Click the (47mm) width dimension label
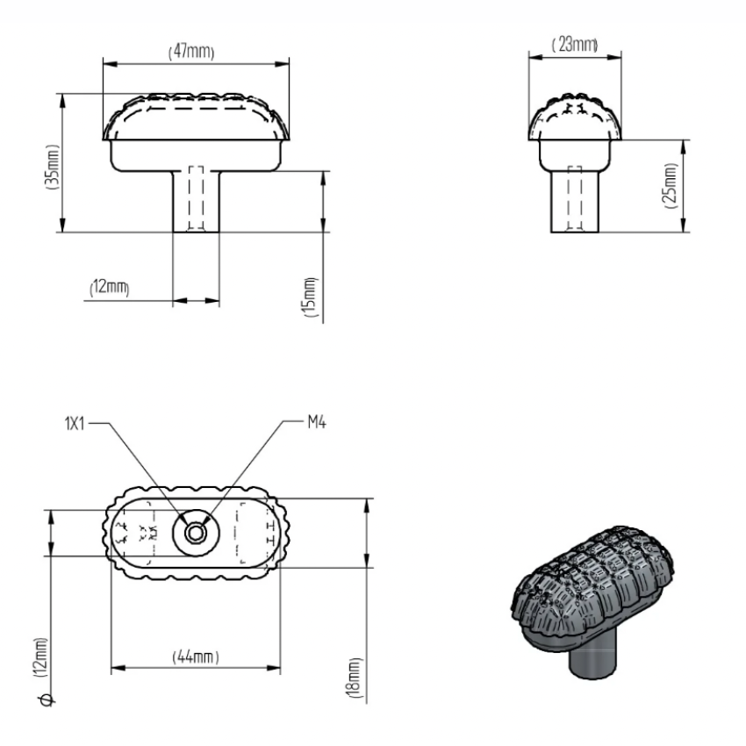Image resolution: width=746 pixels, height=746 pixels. click(192, 52)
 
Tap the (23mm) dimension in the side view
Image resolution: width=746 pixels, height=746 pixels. click(574, 44)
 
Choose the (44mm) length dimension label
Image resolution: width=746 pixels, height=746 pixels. click(194, 657)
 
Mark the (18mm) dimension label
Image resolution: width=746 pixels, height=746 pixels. click(353, 678)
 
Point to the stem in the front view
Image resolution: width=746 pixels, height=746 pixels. click(195, 200)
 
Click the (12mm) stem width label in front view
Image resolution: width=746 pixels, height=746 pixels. click(110, 289)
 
